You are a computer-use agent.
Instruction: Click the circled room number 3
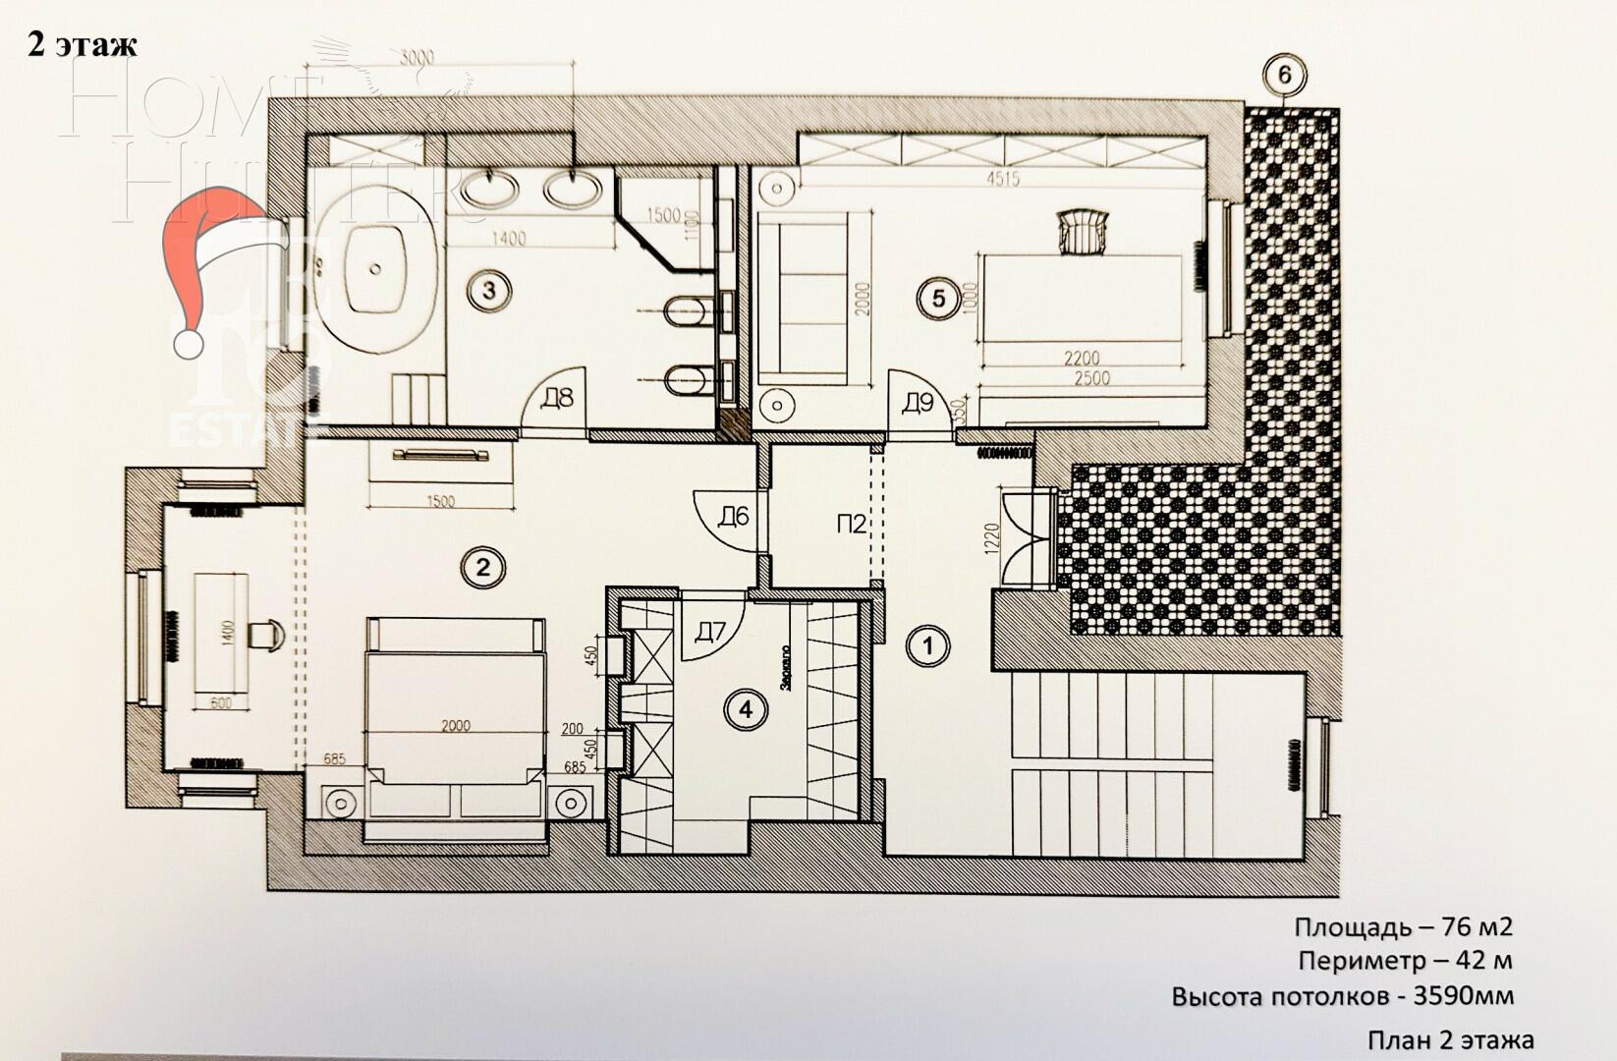click(488, 292)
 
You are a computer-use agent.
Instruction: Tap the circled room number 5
click(938, 297)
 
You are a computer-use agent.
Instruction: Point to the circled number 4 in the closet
click(747, 709)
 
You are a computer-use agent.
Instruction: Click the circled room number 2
click(482, 567)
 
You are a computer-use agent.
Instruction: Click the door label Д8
click(557, 401)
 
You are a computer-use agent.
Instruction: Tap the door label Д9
click(918, 402)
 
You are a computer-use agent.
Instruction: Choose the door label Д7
click(709, 632)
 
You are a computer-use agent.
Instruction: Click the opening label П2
click(852, 525)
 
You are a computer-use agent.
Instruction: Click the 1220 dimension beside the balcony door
click(991, 538)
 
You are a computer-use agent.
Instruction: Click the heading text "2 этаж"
click(83, 45)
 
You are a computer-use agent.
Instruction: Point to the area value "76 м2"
click(1477, 927)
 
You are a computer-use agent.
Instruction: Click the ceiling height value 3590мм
click(1464, 996)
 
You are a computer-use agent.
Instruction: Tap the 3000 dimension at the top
click(418, 58)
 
